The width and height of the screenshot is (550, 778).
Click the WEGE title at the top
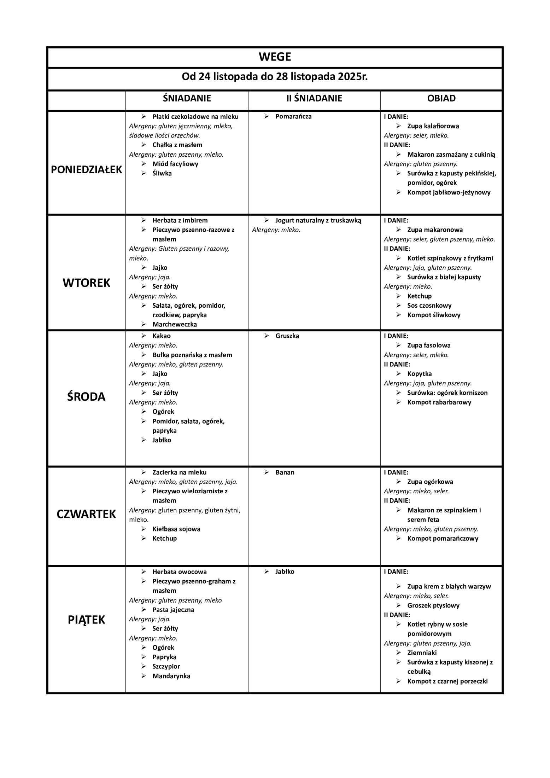tap(275, 57)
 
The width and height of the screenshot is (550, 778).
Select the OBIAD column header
tap(441, 98)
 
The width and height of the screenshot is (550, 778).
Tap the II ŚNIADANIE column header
tap(314, 98)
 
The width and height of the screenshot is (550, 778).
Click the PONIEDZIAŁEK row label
tap(87, 170)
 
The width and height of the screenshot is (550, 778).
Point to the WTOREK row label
tap(87, 283)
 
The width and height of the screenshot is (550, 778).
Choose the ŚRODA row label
tap(87, 397)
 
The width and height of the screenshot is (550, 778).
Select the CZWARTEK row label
tap(87, 514)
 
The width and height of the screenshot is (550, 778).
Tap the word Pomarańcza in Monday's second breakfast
tap(293, 117)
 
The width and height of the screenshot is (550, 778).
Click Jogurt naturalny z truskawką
tap(318, 221)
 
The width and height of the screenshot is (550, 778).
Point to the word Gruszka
tap(287, 336)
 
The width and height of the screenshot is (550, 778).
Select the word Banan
tap(285, 472)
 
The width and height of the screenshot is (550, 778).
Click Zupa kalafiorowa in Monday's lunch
tap(433, 126)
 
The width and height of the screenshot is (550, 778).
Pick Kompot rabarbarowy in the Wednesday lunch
tap(439, 402)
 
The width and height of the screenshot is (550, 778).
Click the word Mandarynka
tap(171, 676)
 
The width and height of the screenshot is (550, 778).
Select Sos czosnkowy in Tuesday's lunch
tap(429, 306)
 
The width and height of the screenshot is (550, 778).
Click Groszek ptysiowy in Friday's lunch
tap(433, 605)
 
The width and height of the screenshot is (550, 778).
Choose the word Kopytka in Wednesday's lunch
tap(420, 374)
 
